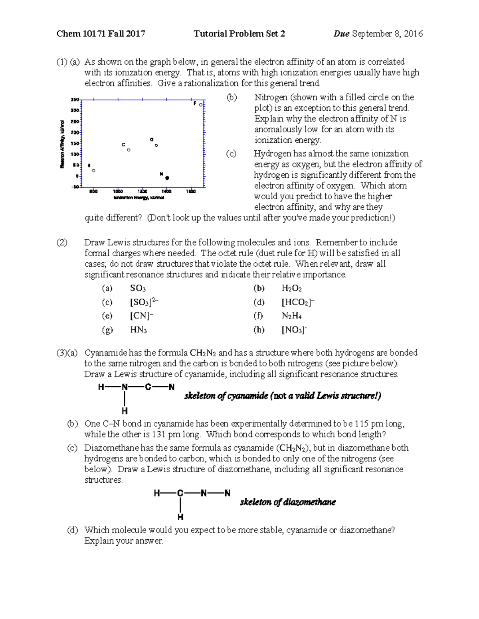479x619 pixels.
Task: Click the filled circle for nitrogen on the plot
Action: (x=167, y=178)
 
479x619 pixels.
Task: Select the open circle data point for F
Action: (x=201, y=104)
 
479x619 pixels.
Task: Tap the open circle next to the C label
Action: (x=129, y=150)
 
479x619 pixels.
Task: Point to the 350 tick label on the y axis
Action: (x=74, y=100)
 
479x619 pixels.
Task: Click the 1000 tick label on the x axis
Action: (x=118, y=192)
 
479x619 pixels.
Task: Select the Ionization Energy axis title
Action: (x=139, y=198)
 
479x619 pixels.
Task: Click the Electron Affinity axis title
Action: (x=62, y=144)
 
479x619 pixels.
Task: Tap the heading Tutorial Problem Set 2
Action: (x=239, y=34)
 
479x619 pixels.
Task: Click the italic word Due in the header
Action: (x=341, y=34)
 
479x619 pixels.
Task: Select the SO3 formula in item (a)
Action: (x=138, y=289)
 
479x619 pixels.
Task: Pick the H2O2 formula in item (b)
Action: (x=291, y=289)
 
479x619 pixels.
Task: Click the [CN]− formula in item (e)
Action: (x=142, y=316)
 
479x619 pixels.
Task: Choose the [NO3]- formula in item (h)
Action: (x=294, y=330)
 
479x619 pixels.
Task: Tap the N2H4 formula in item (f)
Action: (x=291, y=316)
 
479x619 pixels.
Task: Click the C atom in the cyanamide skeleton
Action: (x=148, y=387)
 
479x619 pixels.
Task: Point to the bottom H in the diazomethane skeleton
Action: (x=180, y=517)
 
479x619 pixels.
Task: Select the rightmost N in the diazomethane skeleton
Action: (x=227, y=493)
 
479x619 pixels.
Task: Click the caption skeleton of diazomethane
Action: (x=287, y=502)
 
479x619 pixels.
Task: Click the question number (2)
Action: (x=62, y=243)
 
